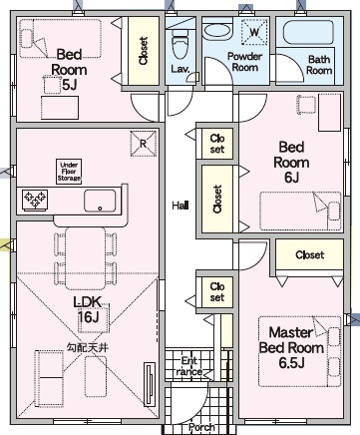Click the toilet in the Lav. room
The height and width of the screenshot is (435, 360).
pos(180,44)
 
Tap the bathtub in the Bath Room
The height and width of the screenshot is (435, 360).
pos(308,33)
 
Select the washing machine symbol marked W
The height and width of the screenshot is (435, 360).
pos(254,32)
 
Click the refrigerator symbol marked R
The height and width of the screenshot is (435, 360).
pos(143,144)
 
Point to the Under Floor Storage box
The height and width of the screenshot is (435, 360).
pos(69,172)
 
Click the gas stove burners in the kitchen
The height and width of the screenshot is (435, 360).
pos(35,200)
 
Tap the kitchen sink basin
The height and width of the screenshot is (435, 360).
pos(100,201)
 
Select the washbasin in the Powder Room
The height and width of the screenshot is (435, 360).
pos(217,32)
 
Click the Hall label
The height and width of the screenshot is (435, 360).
pos(180,206)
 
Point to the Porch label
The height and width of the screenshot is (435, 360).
pos(201,427)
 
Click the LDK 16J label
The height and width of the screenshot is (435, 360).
pos(88,309)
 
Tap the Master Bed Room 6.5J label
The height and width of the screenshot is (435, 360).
pos(291,347)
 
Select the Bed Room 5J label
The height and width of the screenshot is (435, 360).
pos(69,70)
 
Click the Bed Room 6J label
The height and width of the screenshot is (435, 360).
pos(291,162)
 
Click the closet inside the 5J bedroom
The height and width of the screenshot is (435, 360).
pos(144,51)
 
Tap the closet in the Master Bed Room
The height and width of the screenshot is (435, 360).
pos(309,254)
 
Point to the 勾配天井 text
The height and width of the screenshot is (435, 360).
pos(88,348)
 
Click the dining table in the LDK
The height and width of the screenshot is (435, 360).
pos(86,258)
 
